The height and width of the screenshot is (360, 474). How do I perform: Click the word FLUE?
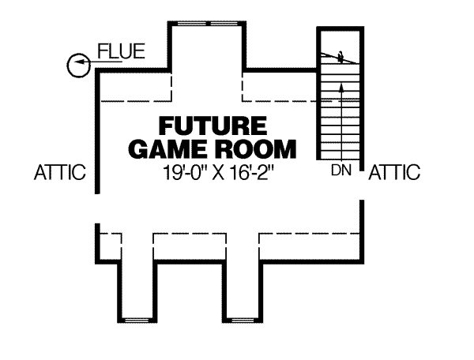point(121,53)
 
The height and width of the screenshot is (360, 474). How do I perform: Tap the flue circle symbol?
point(78,65)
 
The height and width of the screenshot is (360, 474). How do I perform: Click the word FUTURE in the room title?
point(211,126)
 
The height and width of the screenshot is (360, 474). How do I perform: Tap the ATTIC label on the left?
point(60,173)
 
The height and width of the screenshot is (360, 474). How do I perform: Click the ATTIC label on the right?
point(395,172)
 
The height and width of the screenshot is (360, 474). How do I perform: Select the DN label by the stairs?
point(340,170)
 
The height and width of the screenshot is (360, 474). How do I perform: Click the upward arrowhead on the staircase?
point(340,86)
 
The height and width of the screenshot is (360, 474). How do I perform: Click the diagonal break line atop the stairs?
point(340,56)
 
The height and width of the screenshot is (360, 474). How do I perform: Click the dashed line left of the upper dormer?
point(134,99)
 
